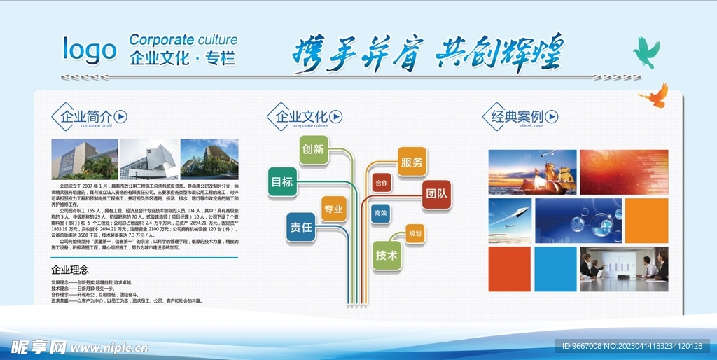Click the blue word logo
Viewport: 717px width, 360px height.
(x=90, y=50)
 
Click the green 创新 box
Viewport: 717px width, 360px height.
(x=313, y=149)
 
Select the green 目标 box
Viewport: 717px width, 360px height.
(x=282, y=182)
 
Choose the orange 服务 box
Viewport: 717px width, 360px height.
(x=412, y=162)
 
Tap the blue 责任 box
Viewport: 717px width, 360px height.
(x=302, y=227)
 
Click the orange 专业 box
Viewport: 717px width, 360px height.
(x=333, y=209)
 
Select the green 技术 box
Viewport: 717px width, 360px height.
(x=387, y=256)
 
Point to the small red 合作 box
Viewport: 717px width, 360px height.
(x=381, y=183)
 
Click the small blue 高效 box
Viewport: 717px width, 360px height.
(x=380, y=213)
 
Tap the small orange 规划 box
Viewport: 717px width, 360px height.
(x=415, y=233)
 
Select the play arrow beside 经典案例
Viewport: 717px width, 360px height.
(x=552, y=116)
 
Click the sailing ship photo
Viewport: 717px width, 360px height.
(x=532, y=172)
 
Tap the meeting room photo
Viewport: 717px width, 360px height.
(x=623, y=269)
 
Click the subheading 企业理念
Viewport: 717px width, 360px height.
(x=70, y=269)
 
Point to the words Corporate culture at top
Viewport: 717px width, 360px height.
(x=183, y=40)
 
